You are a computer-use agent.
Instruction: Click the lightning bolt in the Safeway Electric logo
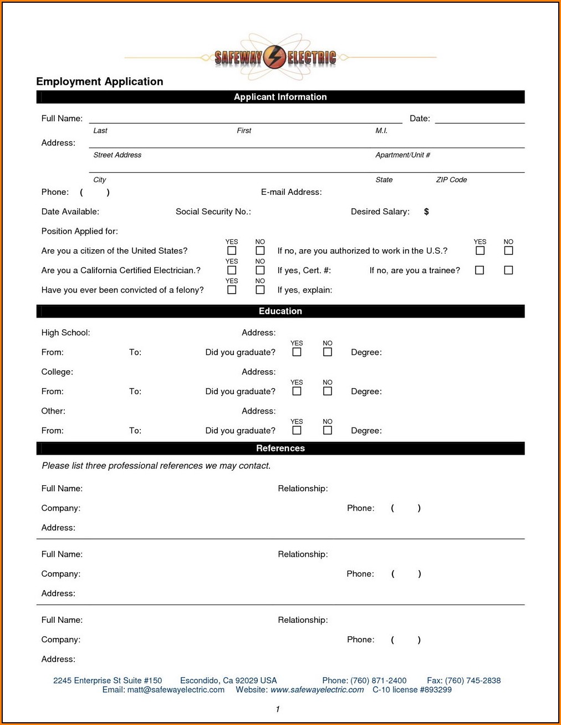coord(274,57)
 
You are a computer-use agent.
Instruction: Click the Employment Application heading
coord(100,82)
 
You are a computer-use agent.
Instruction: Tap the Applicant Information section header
coord(280,97)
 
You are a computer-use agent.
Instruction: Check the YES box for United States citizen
coord(232,251)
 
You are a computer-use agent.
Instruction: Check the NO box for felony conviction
coord(260,290)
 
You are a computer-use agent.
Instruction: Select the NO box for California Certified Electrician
coord(260,270)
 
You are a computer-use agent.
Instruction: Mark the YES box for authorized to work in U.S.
coord(480,251)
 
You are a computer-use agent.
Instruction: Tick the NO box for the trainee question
coord(508,270)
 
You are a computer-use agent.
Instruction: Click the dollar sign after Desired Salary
coord(426,212)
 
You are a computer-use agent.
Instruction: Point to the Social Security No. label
coord(213,212)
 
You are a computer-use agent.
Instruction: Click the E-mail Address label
coord(291,192)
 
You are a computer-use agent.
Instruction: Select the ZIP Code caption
coord(451,180)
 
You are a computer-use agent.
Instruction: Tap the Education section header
coord(280,311)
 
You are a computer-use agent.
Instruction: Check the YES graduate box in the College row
coord(297,391)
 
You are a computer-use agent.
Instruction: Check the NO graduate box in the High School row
coord(328,352)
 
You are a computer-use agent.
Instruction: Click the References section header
coord(280,449)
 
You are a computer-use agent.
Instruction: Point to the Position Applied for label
coord(79,231)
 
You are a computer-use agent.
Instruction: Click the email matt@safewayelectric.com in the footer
coord(176,690)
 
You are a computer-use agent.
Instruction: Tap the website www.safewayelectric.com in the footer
coord(317,690)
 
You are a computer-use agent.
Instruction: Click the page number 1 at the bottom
coord(278,709)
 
